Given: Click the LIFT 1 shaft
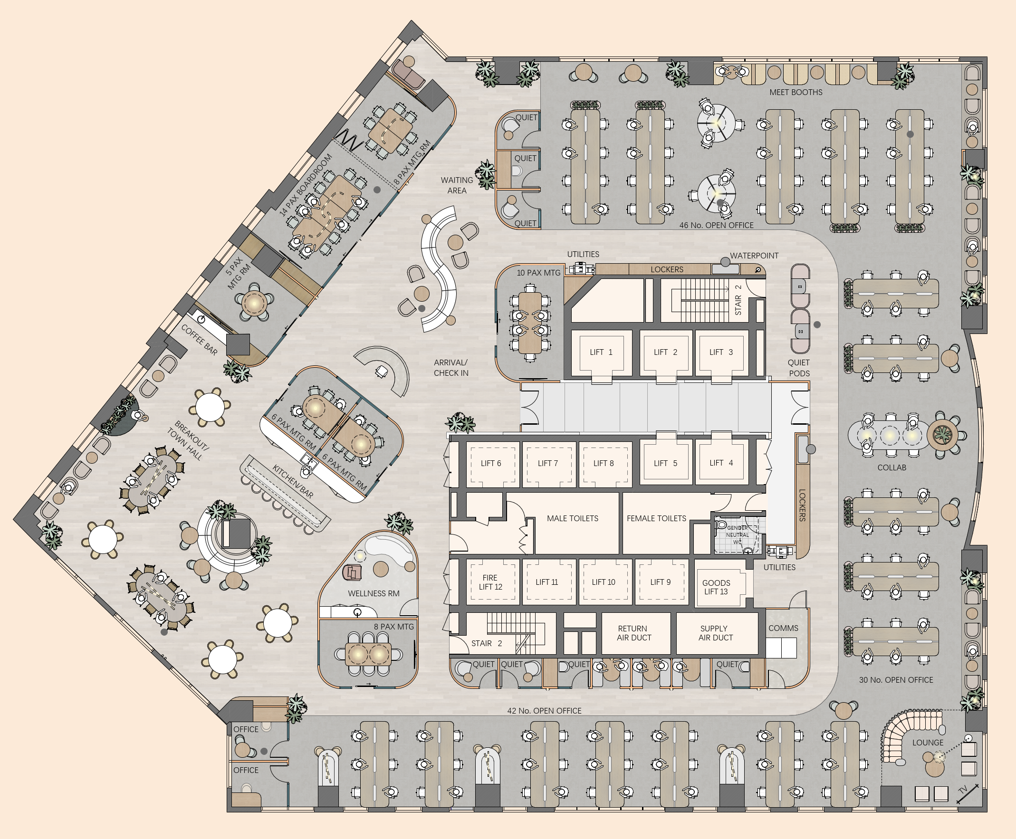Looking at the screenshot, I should coord(601,353).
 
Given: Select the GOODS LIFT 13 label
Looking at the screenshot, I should coord(716,587).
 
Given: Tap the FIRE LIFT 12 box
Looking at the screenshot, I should coord(490,582).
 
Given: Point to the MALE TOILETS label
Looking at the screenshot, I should coord(572,519).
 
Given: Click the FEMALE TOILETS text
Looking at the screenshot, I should coord(656,519).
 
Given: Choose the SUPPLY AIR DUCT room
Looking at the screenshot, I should coord(715,633).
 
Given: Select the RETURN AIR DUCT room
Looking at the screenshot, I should coord(633,633).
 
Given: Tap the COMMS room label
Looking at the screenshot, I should coord(783,628).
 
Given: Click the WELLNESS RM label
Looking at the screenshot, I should coord(374,593).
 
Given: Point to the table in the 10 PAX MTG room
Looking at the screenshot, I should coord(530,323).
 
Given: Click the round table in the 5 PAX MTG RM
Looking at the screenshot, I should coord(254,304).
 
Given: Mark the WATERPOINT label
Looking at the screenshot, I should coord(754,256).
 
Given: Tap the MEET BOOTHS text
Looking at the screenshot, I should coord(796,92).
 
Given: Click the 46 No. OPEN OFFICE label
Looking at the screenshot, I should coord(716,225).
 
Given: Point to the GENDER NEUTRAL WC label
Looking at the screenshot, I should coord(737,534).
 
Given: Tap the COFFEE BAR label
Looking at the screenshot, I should coord(199,339).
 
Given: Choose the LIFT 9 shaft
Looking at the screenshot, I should coord(660,582).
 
